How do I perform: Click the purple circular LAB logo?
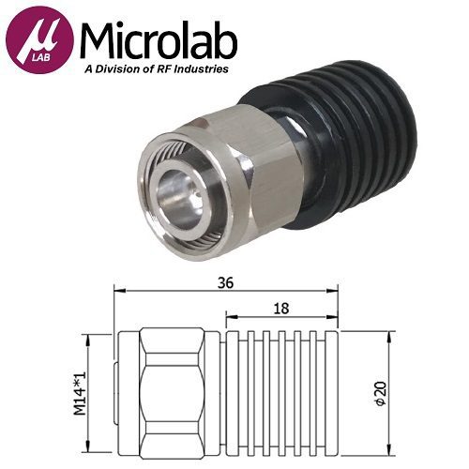(x=38, y=44)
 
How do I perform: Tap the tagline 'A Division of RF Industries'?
(x=159, y=70)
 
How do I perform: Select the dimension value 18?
(x=282, y=307)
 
